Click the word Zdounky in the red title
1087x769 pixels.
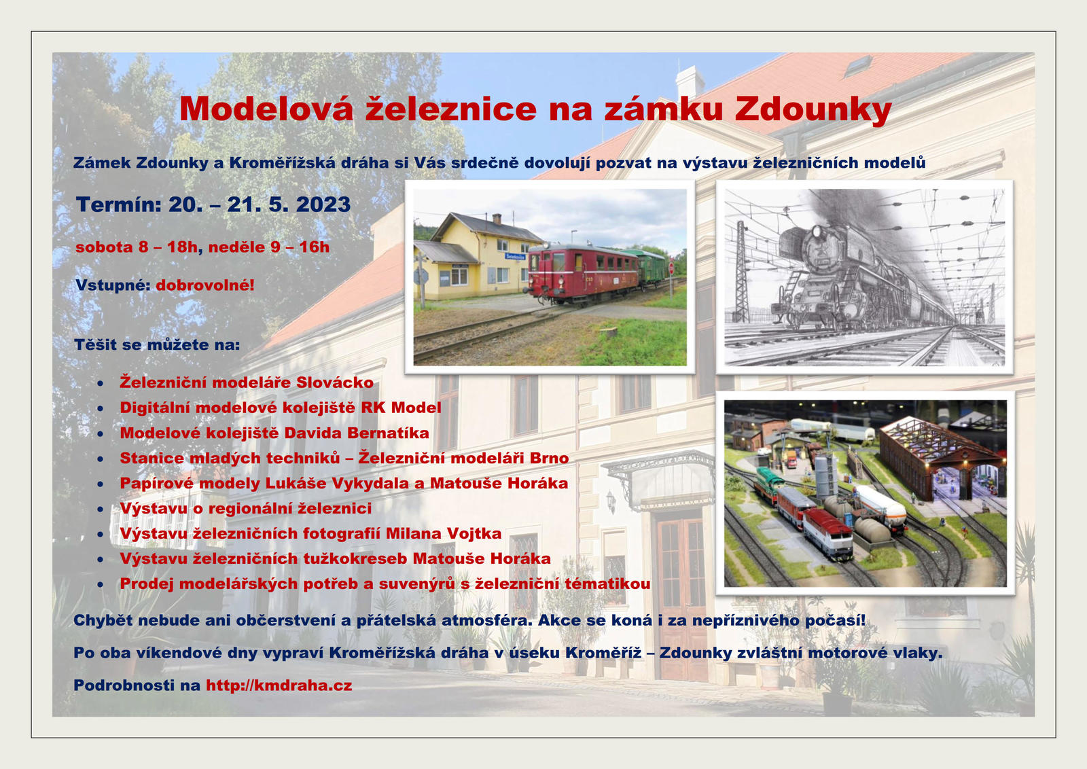point(813,109)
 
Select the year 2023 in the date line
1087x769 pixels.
point(323,204)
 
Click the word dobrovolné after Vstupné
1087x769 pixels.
point(204,285)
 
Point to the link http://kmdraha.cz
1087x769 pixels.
point(279,685)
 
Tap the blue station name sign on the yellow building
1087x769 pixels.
point(516,255)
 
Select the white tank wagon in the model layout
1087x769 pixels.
point(880,507)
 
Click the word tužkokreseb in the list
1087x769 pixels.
point(355,558)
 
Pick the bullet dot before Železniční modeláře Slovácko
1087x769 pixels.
point(100,383)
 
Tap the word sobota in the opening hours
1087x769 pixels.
point(105,247)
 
